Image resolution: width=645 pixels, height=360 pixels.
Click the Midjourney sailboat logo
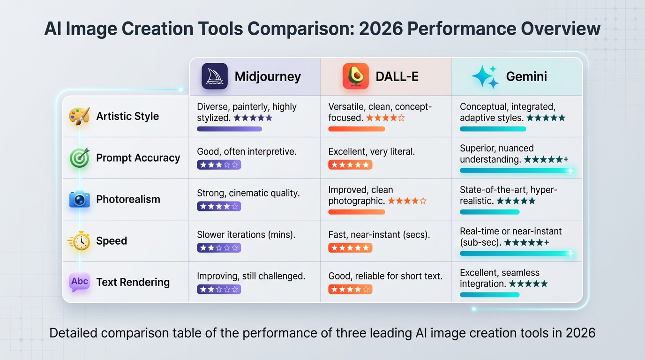214,76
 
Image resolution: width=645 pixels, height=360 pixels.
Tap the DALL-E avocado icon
355,76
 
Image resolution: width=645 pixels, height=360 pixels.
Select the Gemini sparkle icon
485,76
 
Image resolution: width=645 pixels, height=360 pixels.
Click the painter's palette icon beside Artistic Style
79,116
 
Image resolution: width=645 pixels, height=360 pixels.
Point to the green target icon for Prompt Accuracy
79,158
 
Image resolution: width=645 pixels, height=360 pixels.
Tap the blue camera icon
79,199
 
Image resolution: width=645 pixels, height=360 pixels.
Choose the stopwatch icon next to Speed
79,241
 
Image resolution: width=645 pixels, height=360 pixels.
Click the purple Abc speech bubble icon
79,282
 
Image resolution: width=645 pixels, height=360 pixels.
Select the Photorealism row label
128,199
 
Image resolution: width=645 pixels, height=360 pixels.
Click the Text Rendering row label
133,282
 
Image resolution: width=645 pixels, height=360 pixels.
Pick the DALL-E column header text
397,76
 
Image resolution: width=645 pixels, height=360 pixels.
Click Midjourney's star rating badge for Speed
219,248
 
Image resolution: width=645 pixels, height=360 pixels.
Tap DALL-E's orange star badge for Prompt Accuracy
350,165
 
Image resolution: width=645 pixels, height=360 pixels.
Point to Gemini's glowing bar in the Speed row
516,254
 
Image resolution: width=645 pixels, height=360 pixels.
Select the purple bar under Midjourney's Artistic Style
229,129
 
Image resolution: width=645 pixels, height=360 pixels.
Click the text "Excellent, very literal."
371,151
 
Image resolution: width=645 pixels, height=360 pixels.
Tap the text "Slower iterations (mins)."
246,235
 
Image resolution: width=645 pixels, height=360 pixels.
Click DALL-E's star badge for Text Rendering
350,290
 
